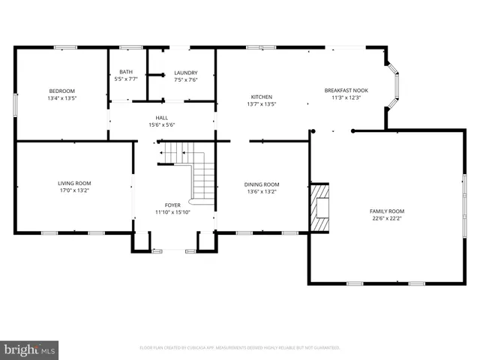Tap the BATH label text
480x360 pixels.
point(126,72)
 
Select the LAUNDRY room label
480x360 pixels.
point(185,72)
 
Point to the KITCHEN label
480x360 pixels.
point(261,97)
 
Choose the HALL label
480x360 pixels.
point(162,118)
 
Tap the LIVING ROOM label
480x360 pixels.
point(74,183)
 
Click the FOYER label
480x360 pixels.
point(173,205)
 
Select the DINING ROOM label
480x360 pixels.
point(262,184)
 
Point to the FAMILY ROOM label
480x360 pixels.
point(386,211)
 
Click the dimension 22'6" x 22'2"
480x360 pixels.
point(386,218)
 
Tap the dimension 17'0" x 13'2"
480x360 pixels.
point(74,190)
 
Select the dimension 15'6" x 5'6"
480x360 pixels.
point(162,124)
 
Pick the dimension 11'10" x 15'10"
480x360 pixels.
point(173,211)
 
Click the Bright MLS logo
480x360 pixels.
point(30,349)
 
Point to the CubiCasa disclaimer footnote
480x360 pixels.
point(240,348)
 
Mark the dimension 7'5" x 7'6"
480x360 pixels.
point(185,79)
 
